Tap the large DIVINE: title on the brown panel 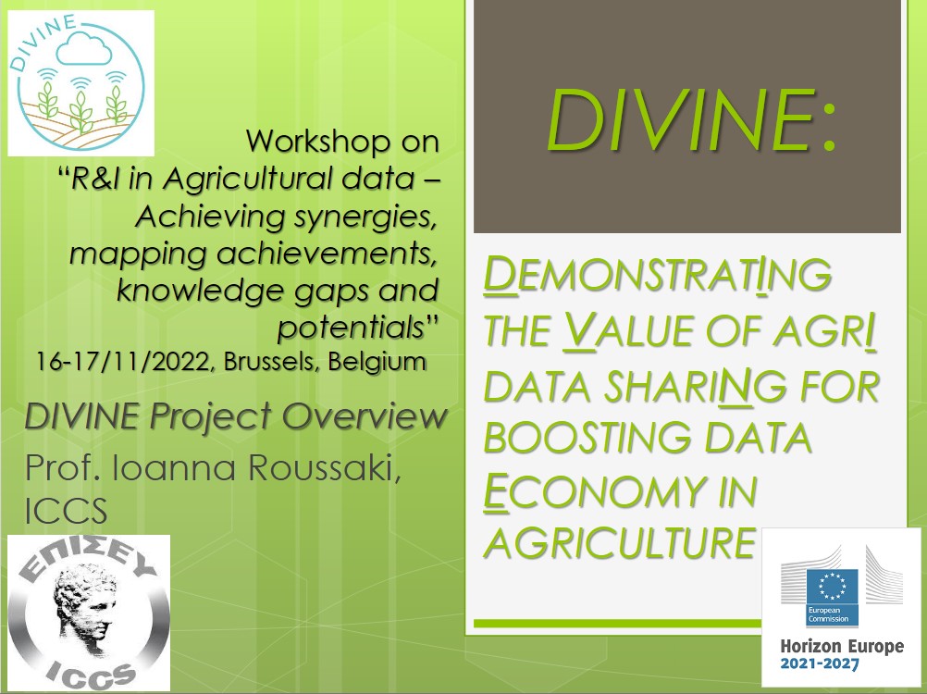coord(690,120)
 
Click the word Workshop coord(318,142)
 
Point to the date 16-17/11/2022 coord(124,361)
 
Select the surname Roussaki coord(324,468)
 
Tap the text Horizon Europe coord(842,646)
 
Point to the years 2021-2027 coord(820,663)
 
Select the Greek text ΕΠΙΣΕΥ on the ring coord(89,560)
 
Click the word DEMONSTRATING coord(658,274)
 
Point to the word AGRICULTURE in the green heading coord(619,542)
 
